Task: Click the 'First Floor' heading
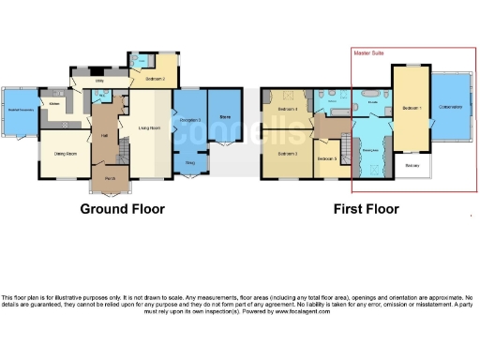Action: coord(366,209)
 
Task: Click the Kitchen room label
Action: coord(55,104)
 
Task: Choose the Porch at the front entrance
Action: coord(110,178)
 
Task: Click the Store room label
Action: coord(225,117)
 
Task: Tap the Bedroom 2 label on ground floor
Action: coord(156,80)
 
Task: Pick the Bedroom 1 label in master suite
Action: coord(411,109)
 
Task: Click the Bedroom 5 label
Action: coord(325,159)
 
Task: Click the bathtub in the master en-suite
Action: coord(367,97)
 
